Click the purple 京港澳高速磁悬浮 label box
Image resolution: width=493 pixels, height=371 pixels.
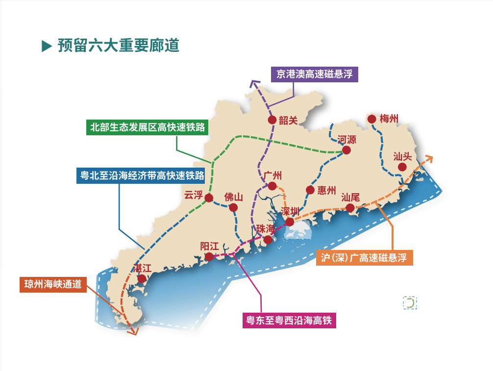(314, 74)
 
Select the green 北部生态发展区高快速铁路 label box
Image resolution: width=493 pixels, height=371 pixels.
(147, 127)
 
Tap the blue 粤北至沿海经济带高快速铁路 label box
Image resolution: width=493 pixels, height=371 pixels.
(142, 175)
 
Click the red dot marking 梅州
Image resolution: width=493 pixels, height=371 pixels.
(371, 119)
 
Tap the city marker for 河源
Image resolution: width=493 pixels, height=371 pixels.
(346, 150)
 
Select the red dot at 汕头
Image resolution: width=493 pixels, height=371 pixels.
(402, 167)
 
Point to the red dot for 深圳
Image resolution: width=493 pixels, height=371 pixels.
(290, 222)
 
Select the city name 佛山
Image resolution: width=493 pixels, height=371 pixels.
(233, 197)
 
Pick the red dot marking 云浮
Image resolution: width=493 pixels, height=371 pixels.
(209, 198)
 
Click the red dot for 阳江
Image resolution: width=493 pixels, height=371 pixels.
(209, 256)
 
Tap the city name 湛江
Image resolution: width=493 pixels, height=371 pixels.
(143, 268)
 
